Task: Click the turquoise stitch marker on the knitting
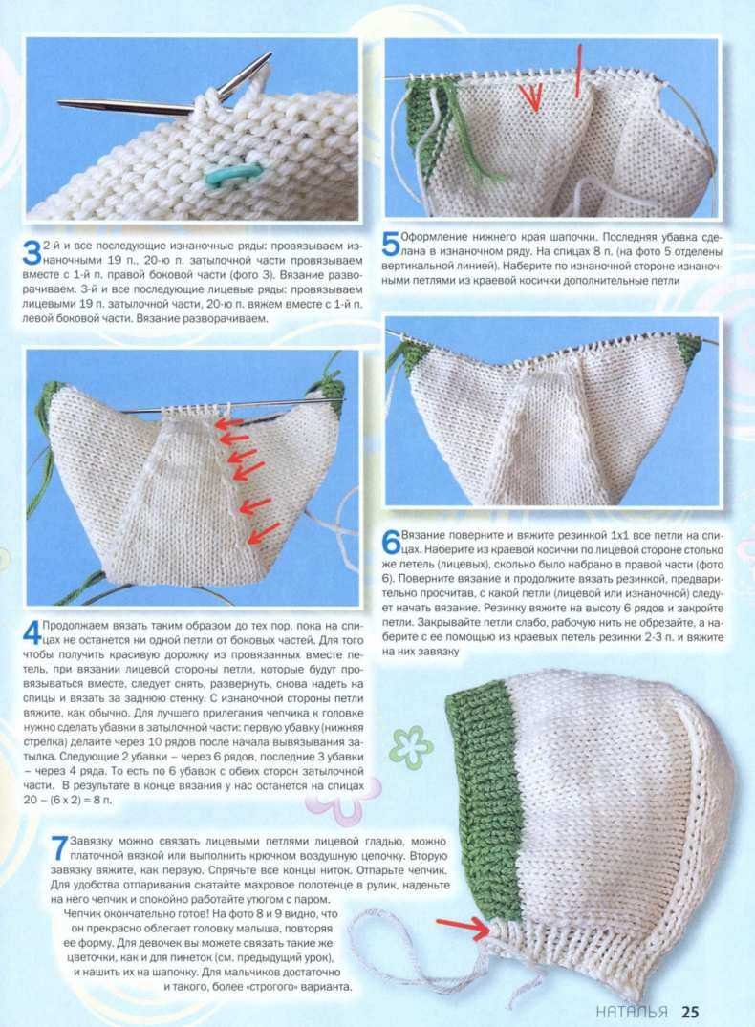[232, 172]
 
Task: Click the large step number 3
[32, 253]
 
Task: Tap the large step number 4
[32, 632]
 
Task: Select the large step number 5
[390, 244]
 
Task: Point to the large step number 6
[391, 542]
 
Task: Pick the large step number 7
[59, 847]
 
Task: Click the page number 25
[689, 1012]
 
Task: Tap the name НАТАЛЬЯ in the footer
[632, 1012]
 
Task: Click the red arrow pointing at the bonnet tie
[463, 927]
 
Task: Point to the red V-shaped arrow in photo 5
[531, 96]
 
